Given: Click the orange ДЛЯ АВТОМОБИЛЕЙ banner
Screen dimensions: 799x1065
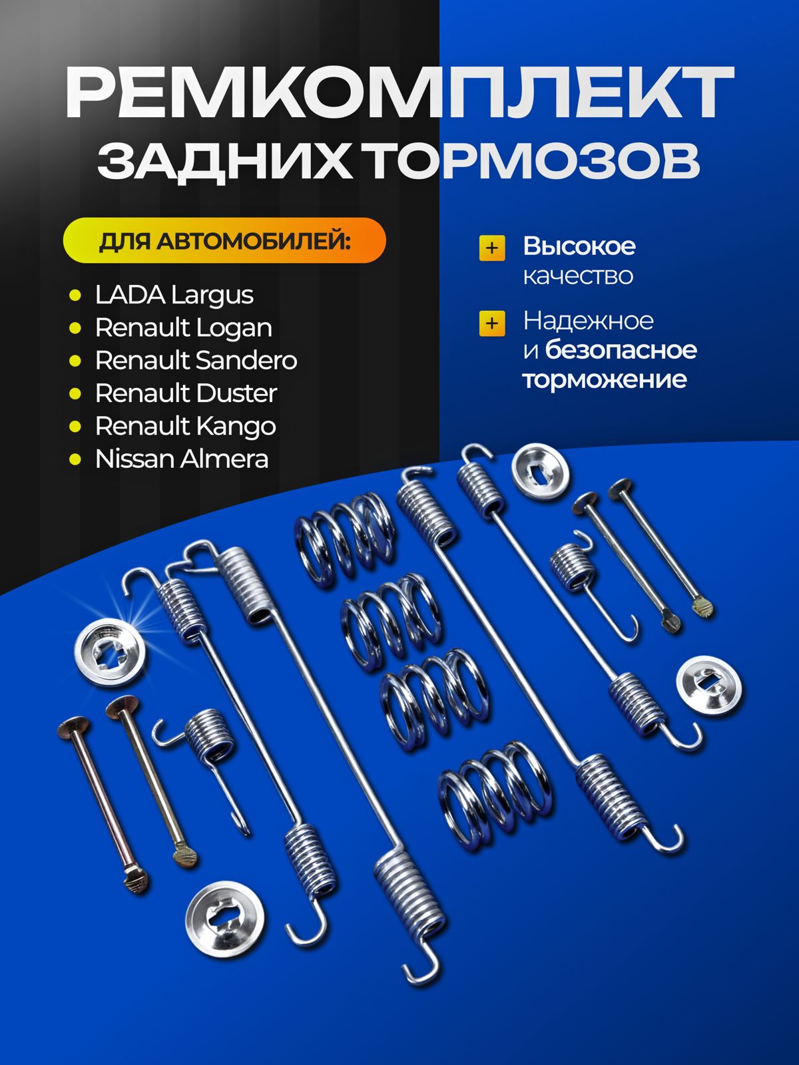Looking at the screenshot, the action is click(224, 240).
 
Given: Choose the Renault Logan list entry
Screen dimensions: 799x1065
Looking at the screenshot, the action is click(183, 328).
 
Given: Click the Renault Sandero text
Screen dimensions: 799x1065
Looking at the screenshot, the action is click(196, 361).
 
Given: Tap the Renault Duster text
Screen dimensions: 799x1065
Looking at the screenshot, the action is click(186, 393).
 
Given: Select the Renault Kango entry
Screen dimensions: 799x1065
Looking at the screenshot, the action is click(185, 427).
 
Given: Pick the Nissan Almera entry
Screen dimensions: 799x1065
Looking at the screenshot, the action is click(181, 459).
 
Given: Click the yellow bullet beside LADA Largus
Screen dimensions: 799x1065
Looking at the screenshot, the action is click(75, 296).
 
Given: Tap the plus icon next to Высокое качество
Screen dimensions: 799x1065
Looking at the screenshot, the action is click(492, 248).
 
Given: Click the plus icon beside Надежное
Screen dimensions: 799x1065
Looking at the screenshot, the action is click(492, 323).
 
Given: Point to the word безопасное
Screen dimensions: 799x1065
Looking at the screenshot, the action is click(621, 350).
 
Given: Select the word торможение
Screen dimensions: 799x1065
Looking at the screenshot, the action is click(605, 379).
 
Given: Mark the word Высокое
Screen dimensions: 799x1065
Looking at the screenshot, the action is click(579, 246).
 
